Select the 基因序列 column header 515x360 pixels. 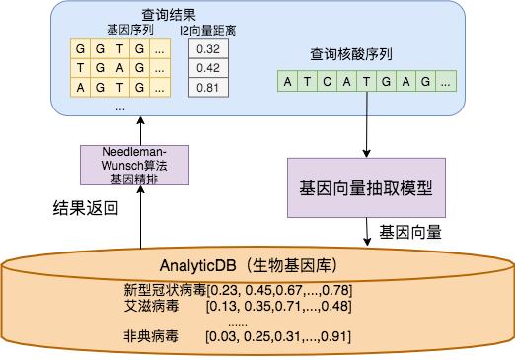click(122, 31)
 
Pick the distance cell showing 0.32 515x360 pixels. click(207, 48)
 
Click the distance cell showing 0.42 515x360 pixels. click(207, 67)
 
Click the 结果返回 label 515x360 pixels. click(85, 208)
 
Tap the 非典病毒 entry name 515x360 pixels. click(146, 337)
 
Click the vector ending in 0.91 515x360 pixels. click(278, 337)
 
